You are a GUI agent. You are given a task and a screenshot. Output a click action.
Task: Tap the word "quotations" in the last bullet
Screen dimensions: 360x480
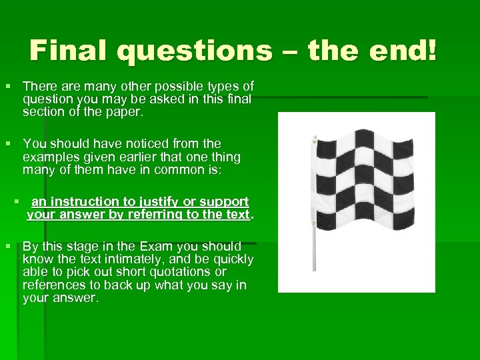(x=189, y=272)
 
